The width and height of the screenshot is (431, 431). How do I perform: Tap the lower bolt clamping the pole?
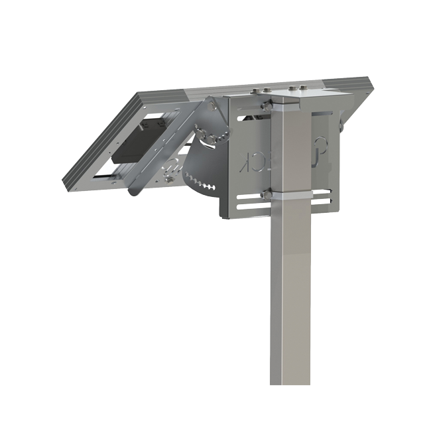point(266,195)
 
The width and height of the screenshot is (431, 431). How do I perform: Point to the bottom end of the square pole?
point(290,381)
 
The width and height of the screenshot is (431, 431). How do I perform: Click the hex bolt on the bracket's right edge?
point(341,125)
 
